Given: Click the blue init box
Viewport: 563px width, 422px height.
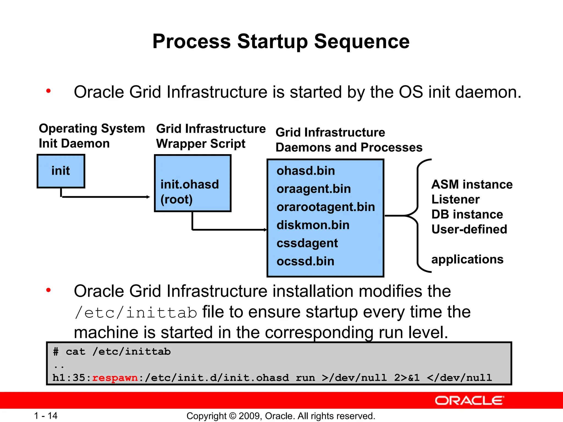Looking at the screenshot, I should [61, 171].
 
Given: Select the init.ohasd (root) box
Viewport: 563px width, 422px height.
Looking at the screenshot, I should [192, 183].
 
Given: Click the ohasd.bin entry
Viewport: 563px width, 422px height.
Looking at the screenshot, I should [306, 171].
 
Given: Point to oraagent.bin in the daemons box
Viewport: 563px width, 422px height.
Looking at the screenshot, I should [314, 189].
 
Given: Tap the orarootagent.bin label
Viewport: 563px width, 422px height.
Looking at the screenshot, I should [326, 207].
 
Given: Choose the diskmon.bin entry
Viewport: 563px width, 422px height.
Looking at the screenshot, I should [313, 225].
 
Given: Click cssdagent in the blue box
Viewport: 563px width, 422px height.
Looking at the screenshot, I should [307, 243].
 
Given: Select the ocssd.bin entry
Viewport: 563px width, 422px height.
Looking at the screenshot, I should [305, 261].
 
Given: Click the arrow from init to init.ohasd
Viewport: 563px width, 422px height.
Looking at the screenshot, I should [106, 197].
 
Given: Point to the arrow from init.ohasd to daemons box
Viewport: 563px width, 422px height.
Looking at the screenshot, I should [230, 229].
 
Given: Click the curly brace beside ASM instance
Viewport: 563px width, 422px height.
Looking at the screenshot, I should [418, 216].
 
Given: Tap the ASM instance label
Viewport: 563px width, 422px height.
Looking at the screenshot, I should [472, 184].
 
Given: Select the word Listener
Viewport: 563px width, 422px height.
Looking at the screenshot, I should [455, 199].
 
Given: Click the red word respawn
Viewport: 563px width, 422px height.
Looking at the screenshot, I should [115, 378].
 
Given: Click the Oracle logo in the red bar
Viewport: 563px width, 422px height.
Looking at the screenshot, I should [469, 401].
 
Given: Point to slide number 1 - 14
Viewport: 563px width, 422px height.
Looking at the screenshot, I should [46, 416].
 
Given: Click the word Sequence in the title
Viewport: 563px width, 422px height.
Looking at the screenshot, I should [361, 41].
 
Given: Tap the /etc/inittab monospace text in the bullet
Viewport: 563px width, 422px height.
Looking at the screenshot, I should [136, 313].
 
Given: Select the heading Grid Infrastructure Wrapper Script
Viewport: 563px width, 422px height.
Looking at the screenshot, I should [211, 136].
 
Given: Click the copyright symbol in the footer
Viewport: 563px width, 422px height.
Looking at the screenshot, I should [233, 416].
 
